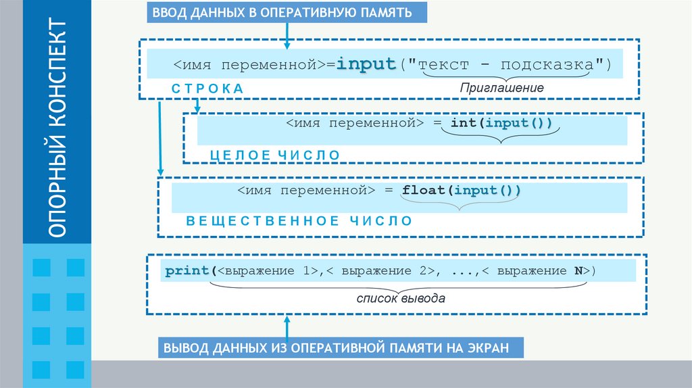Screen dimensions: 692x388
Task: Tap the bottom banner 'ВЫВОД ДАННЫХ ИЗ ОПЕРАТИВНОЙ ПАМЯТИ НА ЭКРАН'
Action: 341,349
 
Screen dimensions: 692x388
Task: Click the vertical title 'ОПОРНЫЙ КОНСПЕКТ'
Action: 57,128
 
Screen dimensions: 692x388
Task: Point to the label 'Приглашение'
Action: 501,88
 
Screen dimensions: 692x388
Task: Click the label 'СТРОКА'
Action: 207,89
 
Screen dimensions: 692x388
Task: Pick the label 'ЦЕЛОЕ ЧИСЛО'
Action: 275,155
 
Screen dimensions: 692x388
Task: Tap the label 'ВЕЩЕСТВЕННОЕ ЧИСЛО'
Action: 299,220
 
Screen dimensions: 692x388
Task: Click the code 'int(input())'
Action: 501,123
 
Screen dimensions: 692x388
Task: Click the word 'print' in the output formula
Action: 187,271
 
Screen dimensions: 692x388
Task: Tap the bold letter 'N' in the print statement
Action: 579,271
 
